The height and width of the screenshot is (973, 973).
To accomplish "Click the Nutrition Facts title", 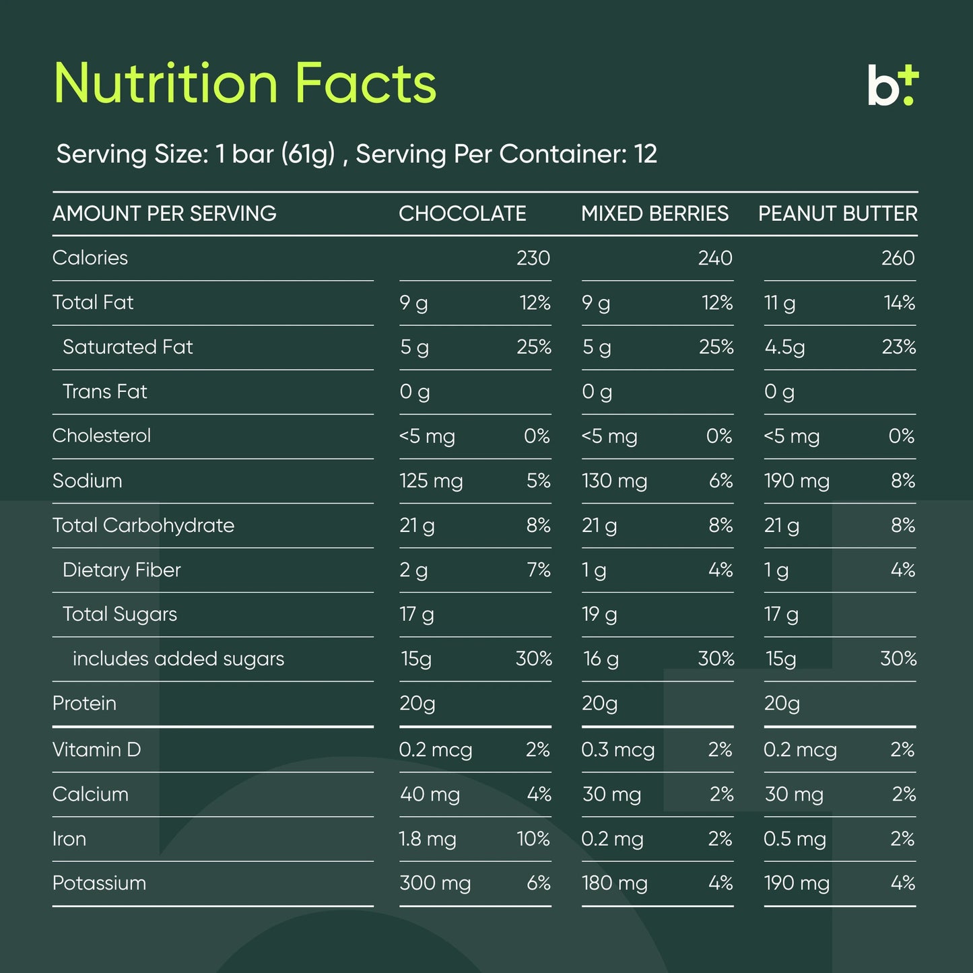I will click(x=245, y=83).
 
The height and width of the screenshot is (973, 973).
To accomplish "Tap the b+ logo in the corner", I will click(x=892, y=86).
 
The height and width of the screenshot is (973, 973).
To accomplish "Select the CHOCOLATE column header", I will click(x=462, y=213).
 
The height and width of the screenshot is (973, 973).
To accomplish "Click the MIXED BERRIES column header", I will click(x=655, y=213).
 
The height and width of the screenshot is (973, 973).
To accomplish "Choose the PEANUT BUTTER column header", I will click(x=838, y=213).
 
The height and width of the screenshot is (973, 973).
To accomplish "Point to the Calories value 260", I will click(x=898, y=258).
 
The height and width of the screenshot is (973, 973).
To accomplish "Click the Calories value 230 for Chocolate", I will click(x=533, y=258).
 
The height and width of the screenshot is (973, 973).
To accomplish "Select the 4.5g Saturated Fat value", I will click(x=784, y=347).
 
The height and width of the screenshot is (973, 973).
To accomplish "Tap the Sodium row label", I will click(x=88, y=481).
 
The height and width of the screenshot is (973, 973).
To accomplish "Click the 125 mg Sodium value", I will click(x=431, y=481).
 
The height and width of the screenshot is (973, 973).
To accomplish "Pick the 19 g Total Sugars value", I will click(x=599, y=614).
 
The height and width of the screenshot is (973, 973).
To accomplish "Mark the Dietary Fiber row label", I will click(x=122, y=570).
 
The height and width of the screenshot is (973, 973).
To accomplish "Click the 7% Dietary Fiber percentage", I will click(x=539, y=570).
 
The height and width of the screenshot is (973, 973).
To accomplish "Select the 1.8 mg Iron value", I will click(x=428, y=839).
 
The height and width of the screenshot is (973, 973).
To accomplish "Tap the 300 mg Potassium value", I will click(x=435, y=883).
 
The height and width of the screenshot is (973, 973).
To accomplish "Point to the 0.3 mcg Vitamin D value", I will click(x=617, y=750).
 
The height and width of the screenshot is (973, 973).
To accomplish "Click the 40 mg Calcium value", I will click(x=430, y=795).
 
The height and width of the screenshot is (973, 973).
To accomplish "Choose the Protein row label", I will click(x=84, y=703).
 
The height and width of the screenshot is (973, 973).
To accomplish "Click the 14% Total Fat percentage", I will click(x=899, y=303).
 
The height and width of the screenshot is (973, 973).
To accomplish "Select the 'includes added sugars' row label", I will click(x=178, y=659).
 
